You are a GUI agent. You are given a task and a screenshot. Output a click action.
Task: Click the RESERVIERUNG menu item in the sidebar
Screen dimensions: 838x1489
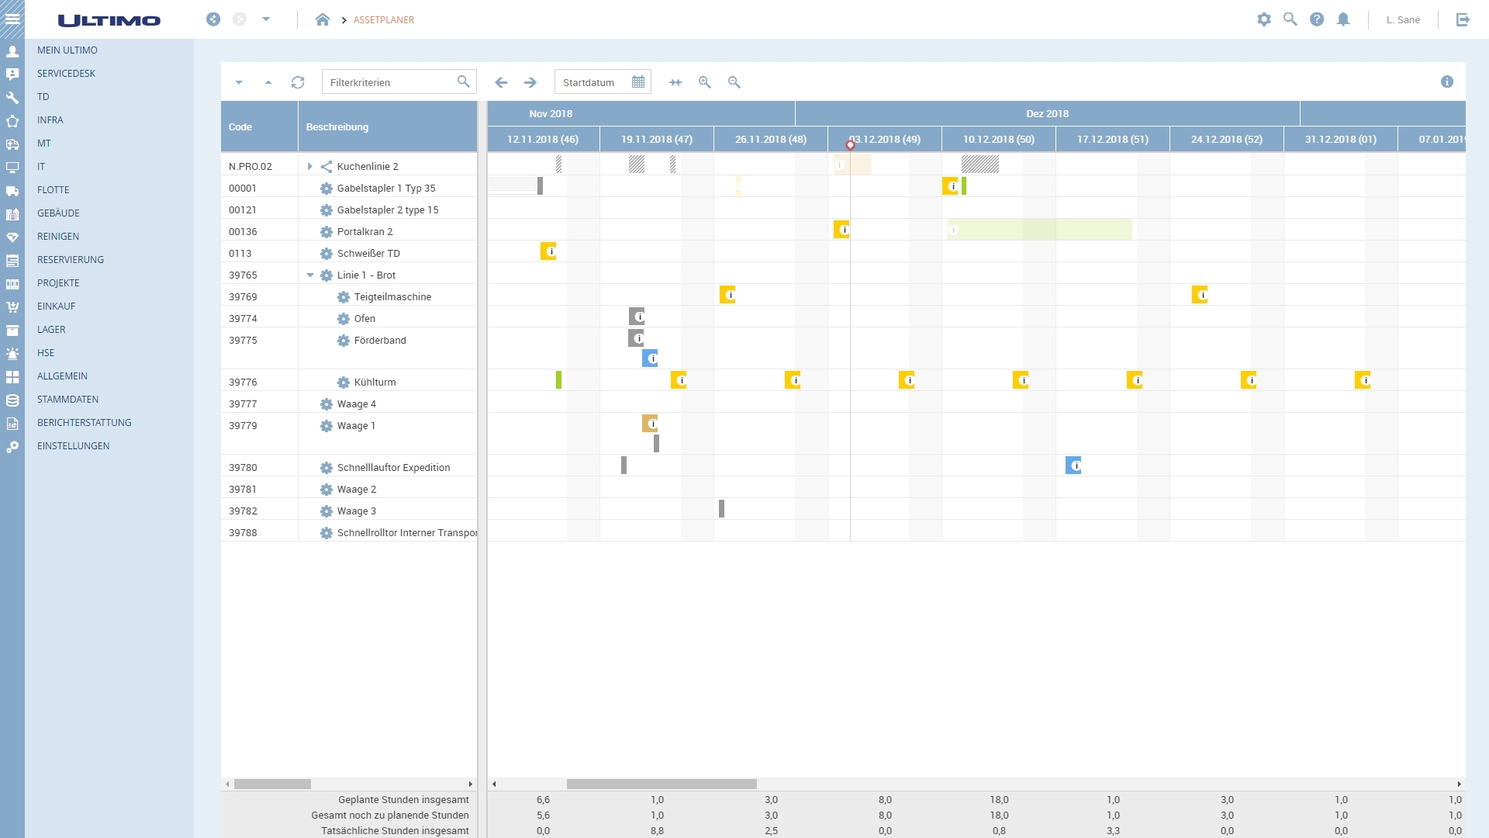click(70, 260)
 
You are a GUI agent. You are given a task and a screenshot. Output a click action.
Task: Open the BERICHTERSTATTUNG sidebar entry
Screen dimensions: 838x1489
click(84, 423)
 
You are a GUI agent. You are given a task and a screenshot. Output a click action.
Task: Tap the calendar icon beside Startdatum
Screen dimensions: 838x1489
click(638, 82)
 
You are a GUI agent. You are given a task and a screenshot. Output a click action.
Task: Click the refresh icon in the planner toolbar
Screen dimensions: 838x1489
click(298, 82)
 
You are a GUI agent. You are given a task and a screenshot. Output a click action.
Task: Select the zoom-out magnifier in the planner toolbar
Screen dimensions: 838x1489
click(734, 82)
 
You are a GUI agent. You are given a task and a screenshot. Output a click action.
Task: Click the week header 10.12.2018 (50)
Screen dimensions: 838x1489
click(998, 140)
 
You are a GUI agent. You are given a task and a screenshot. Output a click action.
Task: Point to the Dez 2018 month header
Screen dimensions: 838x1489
click(1047, 114)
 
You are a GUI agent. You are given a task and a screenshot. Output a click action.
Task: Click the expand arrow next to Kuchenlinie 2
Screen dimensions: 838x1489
click(309, 167)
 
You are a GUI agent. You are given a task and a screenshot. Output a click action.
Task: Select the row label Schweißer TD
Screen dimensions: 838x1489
click(368, 254)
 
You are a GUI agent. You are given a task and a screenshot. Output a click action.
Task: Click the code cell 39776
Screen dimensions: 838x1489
click(243, 383)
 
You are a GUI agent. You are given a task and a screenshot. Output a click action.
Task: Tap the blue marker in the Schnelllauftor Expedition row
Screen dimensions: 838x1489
click(1073, 466)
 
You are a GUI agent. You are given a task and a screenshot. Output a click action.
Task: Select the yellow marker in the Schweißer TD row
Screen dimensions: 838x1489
click(548, 251)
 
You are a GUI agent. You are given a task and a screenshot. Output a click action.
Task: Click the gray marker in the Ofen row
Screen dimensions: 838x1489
click(637, 317)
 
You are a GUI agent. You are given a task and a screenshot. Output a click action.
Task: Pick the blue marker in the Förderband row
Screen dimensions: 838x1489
click(650, 358)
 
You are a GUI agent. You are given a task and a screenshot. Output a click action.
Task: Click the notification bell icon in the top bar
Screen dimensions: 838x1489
click(1343, 20)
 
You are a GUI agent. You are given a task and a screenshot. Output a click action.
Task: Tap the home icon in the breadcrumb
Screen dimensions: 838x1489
click(323, 20)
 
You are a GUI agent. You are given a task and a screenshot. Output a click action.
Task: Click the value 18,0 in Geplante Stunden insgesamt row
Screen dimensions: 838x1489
click(999, 800)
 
